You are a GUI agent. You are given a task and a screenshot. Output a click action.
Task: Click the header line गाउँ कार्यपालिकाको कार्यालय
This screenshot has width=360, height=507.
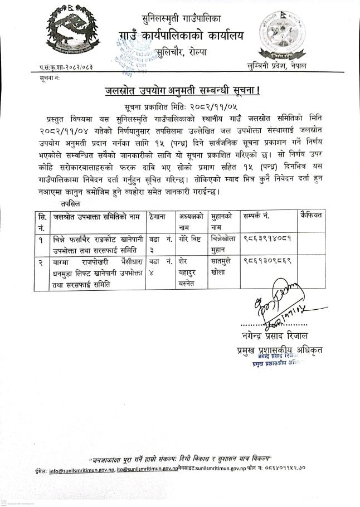[181, 37]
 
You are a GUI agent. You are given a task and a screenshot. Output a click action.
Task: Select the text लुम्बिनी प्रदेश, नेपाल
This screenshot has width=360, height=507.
[278, 66]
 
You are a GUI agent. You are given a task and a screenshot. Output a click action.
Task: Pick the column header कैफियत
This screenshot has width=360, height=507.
[312, 214]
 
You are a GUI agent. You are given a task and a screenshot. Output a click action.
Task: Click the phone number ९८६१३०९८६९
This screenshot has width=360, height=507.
[267, 260]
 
